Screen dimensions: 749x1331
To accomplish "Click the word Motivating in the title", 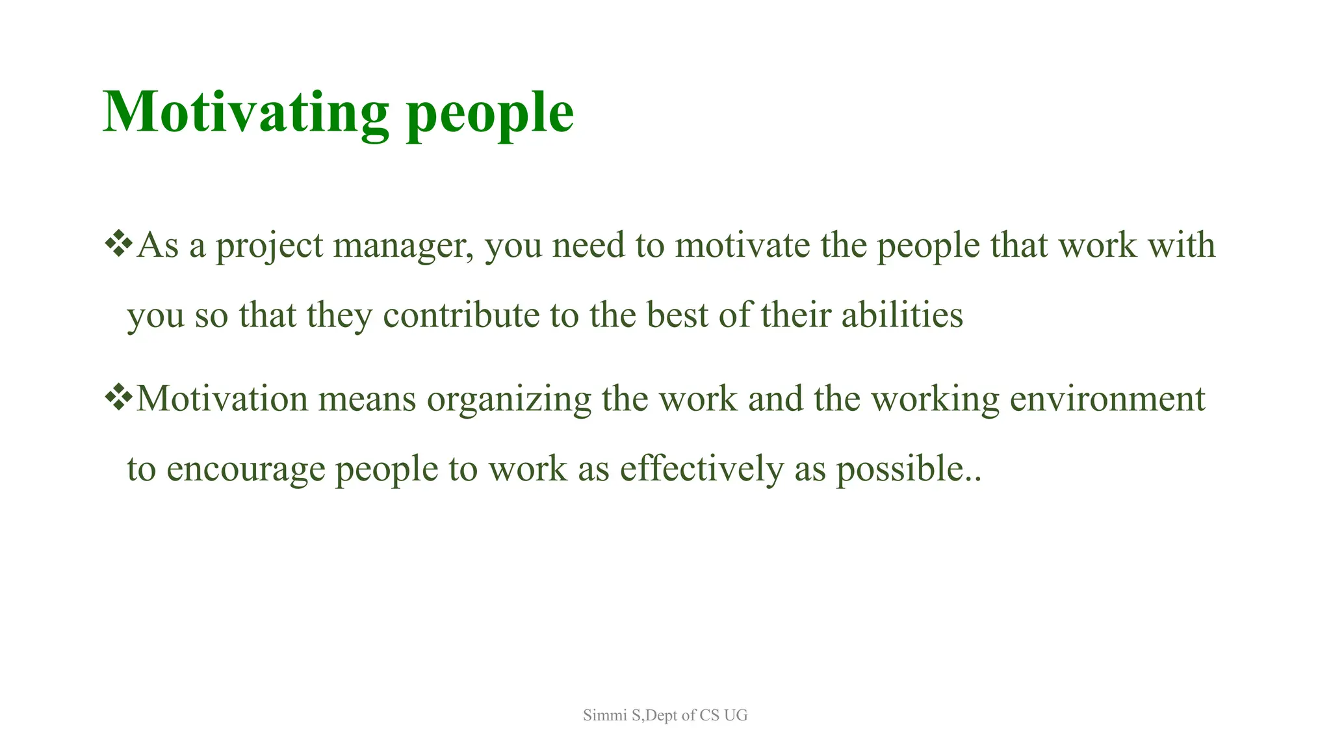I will click(x=246, y=112).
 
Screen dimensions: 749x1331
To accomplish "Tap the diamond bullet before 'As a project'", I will click(x=118, y=244).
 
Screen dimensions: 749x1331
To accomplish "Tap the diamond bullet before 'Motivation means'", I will click(x=118, y=398).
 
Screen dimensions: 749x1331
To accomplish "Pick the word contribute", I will click(x=461, y=315).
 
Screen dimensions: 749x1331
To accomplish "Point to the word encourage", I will click(x=245, y=469).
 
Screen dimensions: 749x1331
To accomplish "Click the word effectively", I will click(x=701, y=469).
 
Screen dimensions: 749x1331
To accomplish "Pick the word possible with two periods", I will click(x=907, y=469).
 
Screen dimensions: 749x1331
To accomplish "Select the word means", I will click(x=367, y=399).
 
